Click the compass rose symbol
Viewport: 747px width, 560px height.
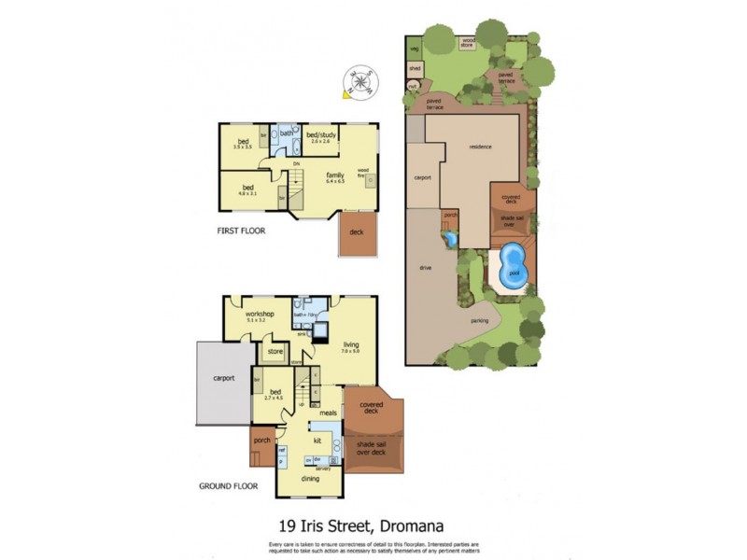[359, 81]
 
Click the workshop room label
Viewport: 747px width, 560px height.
[260, 315]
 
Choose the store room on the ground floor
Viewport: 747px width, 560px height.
[275, 352]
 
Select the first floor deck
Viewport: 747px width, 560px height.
[358, 232]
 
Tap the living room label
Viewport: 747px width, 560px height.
[350, 346]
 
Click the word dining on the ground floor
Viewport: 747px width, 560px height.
[310, 479]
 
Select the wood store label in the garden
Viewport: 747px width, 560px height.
[468, 41]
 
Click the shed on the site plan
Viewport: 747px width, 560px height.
[415, 68]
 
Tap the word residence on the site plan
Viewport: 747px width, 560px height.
[480, 147]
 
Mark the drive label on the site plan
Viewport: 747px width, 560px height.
[424, 268]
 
